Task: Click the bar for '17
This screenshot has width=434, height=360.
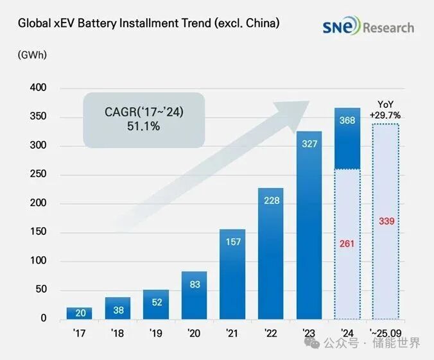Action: coord(80,313)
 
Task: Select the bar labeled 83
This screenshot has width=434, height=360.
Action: coord(195,295)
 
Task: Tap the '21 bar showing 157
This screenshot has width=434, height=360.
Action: coord(233,274)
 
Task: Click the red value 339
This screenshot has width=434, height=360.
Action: coord(386,221)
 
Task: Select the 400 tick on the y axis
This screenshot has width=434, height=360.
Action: coord(38,88)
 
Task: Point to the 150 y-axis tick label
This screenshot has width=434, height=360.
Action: coord(38,232)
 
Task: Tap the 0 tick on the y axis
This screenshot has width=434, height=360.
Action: coord(44,319)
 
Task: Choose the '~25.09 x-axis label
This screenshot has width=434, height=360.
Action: coord(386,334)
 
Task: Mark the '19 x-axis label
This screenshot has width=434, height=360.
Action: coord(156,334)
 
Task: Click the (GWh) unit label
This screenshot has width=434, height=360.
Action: coord(32,55)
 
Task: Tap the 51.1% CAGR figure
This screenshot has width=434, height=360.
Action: coord(143,127)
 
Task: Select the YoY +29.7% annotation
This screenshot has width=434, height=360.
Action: coord(386,110)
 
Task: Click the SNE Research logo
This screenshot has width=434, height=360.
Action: coord(368,27)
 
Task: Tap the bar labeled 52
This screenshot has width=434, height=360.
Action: coord(156,304)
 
